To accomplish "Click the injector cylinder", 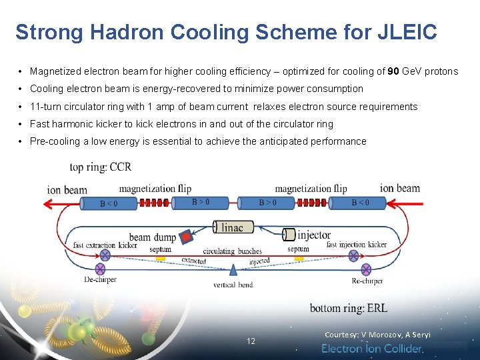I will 289,234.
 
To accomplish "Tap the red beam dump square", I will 187,237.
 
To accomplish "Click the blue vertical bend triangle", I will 233,269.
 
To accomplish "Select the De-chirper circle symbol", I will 101,269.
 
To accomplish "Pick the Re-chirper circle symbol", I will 366,269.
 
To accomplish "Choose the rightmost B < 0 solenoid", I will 359,203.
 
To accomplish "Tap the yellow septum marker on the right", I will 299,257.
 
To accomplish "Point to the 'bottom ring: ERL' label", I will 348,308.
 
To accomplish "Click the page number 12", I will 251,341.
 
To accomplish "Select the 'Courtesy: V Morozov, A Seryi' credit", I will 377,335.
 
